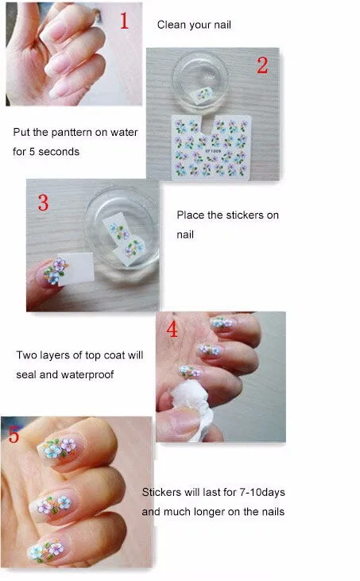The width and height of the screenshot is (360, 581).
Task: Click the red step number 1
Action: coord(125,21)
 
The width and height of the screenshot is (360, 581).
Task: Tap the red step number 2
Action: coord(262,65)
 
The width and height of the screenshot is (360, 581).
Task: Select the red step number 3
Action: coord(44,203)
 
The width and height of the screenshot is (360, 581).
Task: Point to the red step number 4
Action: coord(172,329)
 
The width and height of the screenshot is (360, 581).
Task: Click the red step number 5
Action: coord(14,434)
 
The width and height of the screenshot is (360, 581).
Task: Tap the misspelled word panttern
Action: coord(72,132)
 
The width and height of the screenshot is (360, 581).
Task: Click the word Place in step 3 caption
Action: coord(191,215)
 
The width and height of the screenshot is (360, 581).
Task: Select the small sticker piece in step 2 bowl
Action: coord(202,95)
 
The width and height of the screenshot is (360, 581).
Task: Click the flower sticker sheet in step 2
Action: coord(211,148)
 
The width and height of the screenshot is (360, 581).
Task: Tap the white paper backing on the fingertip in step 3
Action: coord(76,269)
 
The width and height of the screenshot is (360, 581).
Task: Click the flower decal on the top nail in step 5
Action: coord(60,447)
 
